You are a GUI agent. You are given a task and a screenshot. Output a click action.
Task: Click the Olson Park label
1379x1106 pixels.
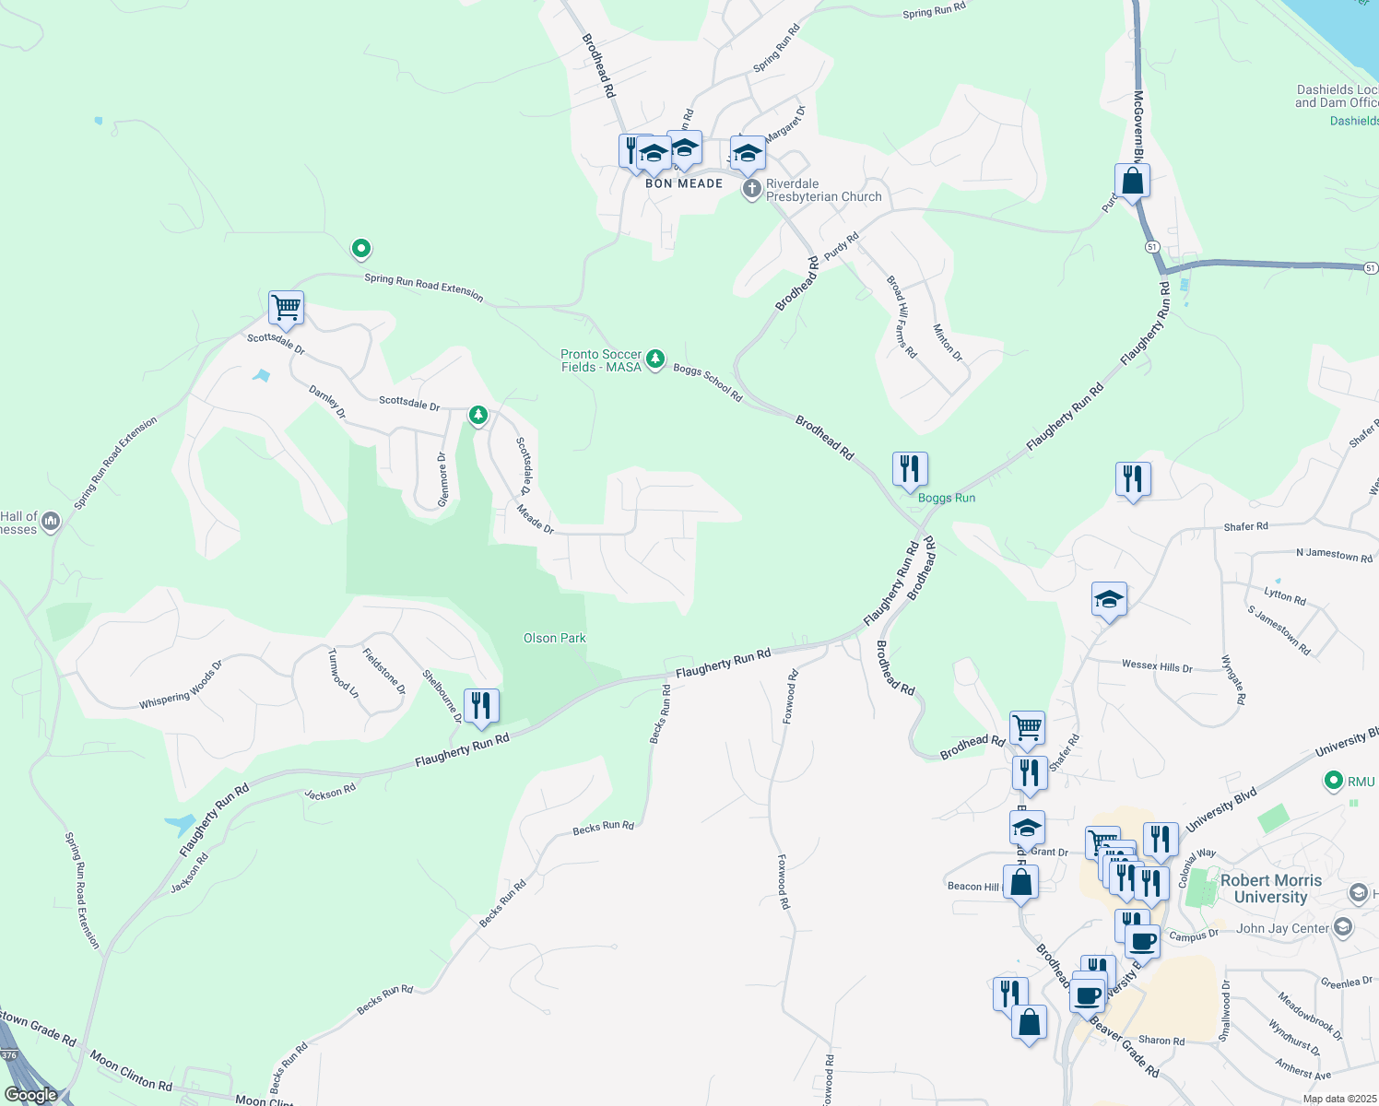(x=554, y=638)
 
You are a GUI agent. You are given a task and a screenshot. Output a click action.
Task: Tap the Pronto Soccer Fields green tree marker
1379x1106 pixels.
(x=654, y=359)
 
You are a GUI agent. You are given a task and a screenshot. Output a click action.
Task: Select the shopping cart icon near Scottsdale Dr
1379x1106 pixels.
(x=286, y=308)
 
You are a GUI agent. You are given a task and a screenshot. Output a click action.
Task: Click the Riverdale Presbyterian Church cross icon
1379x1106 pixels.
(x=752, y=190)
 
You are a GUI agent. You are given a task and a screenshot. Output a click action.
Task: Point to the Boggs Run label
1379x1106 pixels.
(x=947, y=498)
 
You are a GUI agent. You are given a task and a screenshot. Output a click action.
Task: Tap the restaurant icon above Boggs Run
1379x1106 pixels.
(x=909, y=468)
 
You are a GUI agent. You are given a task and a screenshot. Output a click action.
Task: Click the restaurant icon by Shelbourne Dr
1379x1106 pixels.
(x=481, y=706)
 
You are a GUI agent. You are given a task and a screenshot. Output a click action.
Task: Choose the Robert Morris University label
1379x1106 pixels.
(x=1270, y=888)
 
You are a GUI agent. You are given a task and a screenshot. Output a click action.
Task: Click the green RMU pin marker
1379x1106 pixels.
(x=1333, y=782)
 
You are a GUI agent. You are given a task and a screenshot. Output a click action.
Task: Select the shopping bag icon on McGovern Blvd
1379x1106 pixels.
(x=1132, y=181)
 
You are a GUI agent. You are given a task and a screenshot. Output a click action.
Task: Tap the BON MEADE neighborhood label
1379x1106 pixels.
(x=684, y=183)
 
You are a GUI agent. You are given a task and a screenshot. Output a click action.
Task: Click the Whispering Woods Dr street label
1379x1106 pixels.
(x=181, y=685)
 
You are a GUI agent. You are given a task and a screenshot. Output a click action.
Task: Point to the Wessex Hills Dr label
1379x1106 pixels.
(x=1157, y=665)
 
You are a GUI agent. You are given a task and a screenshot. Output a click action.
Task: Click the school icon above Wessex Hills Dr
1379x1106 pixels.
(x=1108, y=600)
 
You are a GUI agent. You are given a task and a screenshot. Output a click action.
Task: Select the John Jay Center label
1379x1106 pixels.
(x=1282, y=928)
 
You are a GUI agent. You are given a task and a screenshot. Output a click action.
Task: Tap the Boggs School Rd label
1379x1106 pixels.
(x=707, y=382)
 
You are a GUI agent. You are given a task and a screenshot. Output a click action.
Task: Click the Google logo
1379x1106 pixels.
(x=31, y=1095)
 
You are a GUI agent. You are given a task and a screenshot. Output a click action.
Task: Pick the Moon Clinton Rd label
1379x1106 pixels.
(x=131, y=1071)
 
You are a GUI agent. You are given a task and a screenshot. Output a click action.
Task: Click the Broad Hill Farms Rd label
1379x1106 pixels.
(x=902, y=316)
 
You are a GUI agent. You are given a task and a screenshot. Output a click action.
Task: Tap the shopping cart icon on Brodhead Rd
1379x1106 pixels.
(x=1027, y=728)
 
